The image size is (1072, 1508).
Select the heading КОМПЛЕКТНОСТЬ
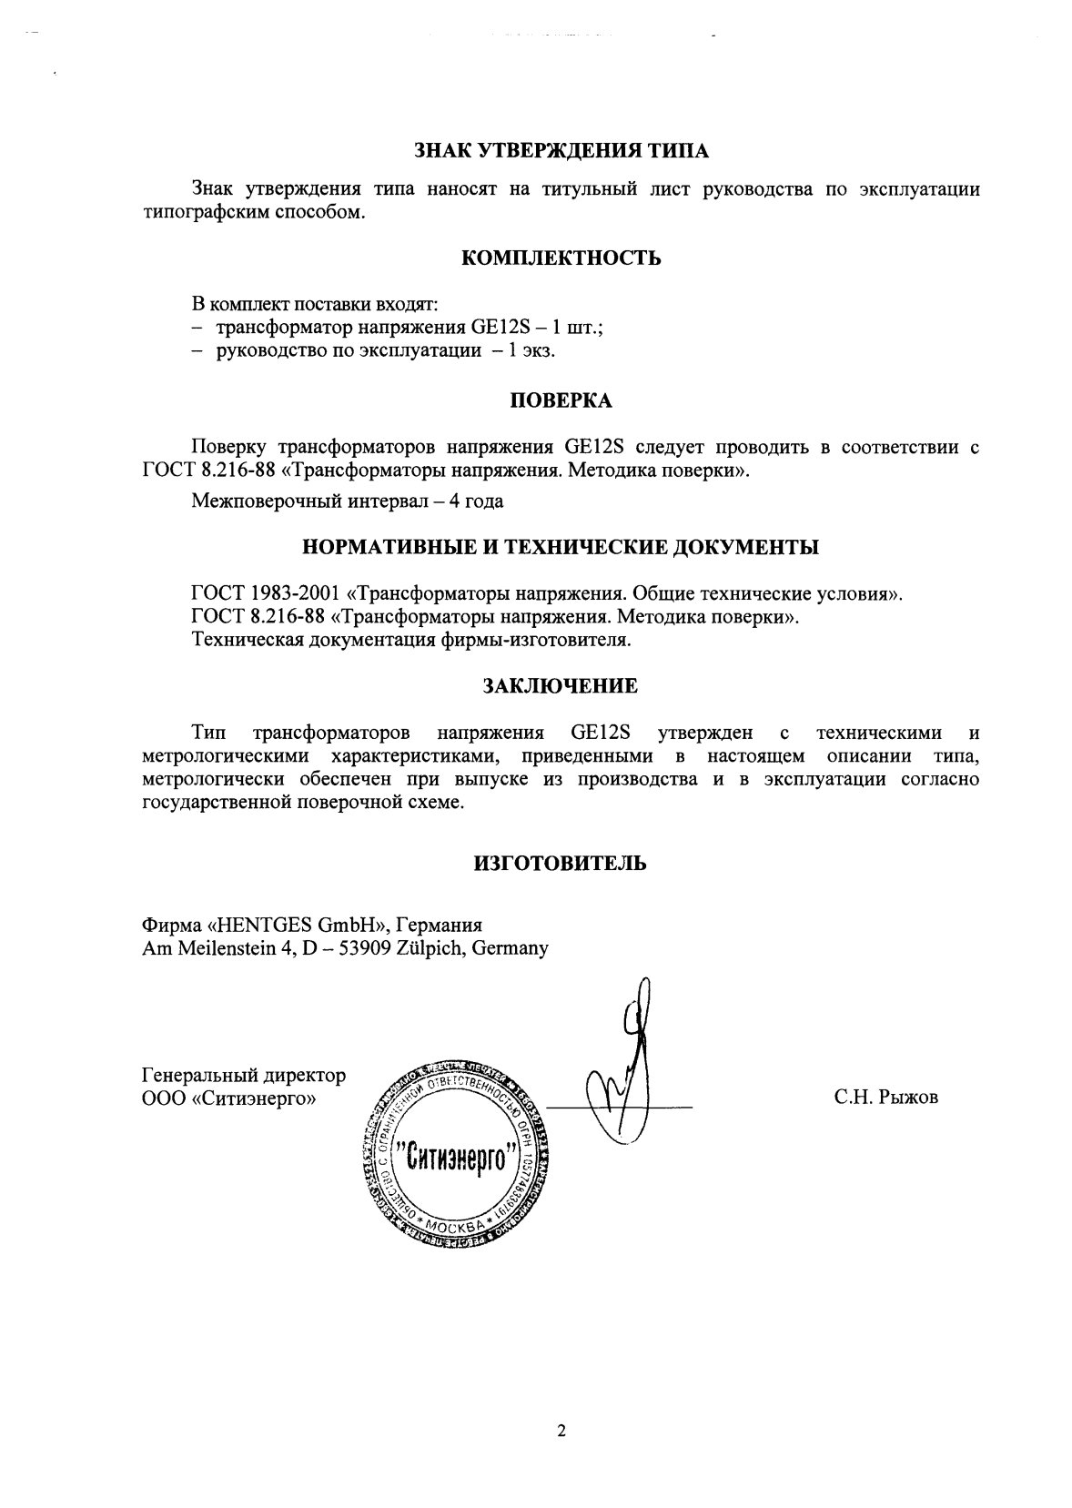[x=561, y=258]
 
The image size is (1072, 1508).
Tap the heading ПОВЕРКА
[x=561, y=400]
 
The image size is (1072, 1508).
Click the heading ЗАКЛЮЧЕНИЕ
[x=561, y=686]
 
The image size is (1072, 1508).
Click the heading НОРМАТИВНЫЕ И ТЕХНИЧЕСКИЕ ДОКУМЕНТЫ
[x=561, y=548]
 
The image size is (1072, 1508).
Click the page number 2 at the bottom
[x=561, y=1432]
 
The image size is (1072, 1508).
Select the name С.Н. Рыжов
[x=885, y=1098]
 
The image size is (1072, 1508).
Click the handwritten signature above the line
[x=628, y=1065]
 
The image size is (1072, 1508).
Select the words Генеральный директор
[x=244, y=1076]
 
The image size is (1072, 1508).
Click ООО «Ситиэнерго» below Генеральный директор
[x=229, y=1098]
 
